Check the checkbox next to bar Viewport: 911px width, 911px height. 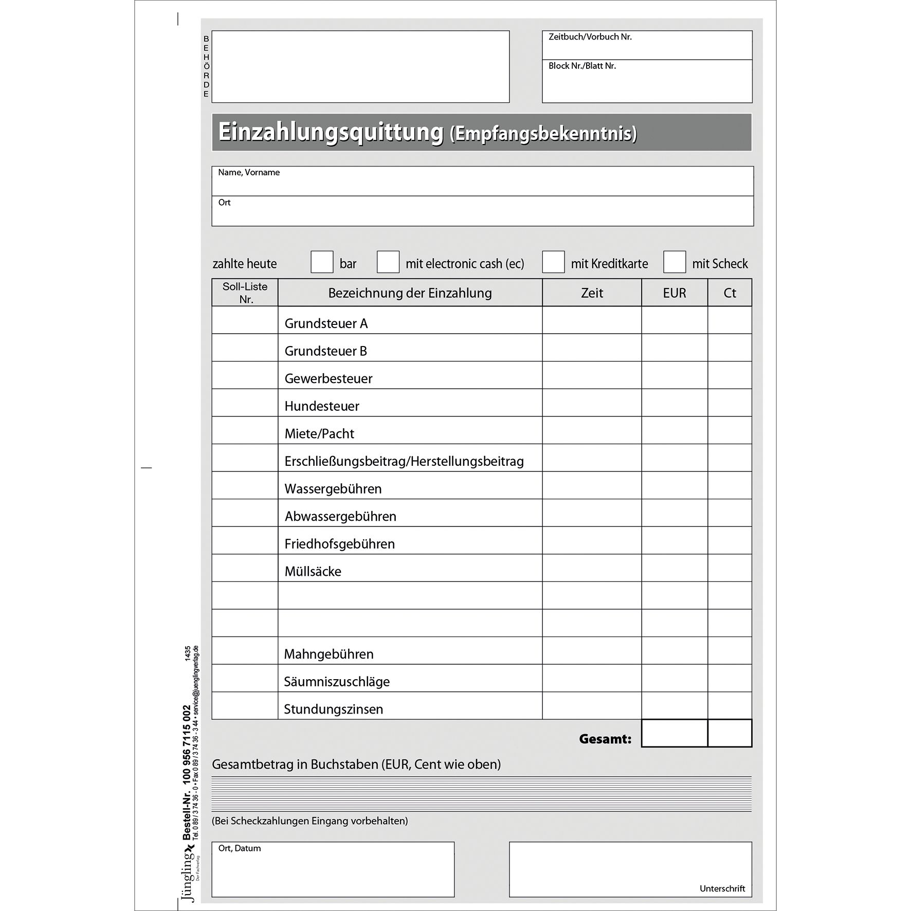[322, 262]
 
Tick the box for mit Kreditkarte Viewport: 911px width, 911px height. [553, 262]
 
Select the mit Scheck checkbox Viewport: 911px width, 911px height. [675, 262]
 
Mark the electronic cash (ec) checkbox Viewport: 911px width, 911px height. [388, 262]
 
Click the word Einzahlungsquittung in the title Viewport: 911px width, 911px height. [331, 132]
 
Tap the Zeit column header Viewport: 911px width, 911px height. [592, 293]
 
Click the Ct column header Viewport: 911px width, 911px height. [730, 293]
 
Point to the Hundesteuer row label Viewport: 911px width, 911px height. [322, 406]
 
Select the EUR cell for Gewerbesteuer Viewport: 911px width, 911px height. [675, 375]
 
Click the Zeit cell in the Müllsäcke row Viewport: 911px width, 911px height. [592, 568]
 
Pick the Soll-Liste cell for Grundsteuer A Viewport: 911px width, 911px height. [245, 320]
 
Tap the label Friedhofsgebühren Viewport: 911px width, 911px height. [339, 544]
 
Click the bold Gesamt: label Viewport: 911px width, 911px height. [605, 739]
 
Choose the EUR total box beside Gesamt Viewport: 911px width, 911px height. [675, 733]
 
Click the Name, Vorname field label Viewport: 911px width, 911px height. [249, 173]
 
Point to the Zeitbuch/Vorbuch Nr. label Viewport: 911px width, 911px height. [590, 37]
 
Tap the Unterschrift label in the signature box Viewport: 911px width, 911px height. [722, 888]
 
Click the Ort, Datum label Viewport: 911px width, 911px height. [239, 848]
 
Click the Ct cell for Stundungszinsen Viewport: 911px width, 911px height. [730, 705]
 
